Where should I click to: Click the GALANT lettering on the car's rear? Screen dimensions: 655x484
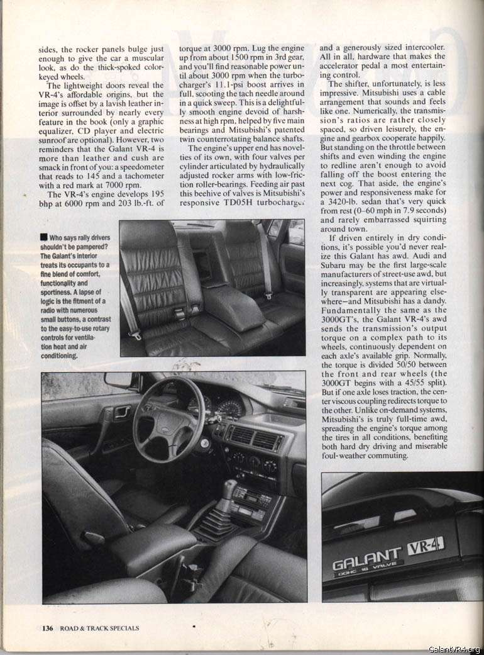(366, 557)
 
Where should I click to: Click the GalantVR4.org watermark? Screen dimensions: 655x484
(455, 649)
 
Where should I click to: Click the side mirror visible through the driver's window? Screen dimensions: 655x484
(119, 381)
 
